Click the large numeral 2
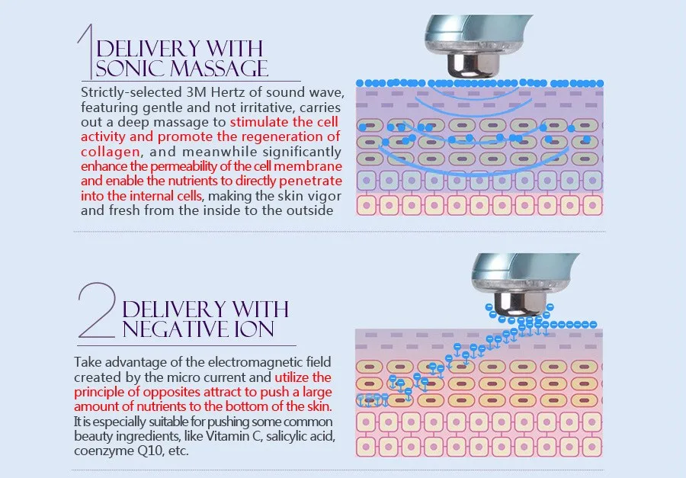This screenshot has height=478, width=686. (x=98, y=311)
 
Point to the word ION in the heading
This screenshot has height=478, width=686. (x=252, y=329)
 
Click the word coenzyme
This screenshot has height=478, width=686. (x=103, y=450)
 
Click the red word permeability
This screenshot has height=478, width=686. (x=165, y=166)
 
